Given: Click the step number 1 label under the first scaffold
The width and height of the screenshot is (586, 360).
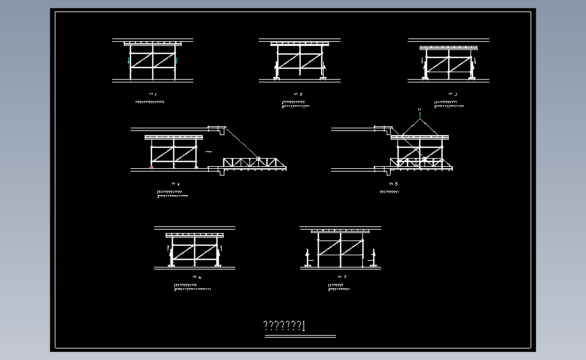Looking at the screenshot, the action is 153,94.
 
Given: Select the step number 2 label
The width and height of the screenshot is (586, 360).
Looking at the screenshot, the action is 299,94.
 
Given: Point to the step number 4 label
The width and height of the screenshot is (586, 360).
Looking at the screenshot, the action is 177,184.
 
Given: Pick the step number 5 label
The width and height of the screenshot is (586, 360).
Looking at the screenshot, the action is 393,184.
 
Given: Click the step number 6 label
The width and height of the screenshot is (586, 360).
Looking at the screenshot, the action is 197,277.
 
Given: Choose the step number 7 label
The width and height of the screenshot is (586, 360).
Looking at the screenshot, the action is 342,277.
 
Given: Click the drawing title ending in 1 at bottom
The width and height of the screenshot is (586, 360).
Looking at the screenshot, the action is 285,327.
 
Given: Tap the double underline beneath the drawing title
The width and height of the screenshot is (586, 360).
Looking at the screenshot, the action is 300,335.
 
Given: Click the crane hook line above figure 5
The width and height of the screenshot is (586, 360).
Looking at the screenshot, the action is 420,114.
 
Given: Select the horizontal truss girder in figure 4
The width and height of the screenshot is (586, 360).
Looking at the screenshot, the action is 255,163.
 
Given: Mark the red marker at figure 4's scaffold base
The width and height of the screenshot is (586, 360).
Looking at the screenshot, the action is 152,167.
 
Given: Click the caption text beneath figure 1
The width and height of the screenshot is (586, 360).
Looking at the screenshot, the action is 150,102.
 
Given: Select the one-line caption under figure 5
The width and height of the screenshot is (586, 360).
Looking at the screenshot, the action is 390,192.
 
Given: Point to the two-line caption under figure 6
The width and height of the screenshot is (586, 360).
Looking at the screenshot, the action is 192,287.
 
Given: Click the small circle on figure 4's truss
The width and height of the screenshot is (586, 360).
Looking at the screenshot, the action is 260,159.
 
